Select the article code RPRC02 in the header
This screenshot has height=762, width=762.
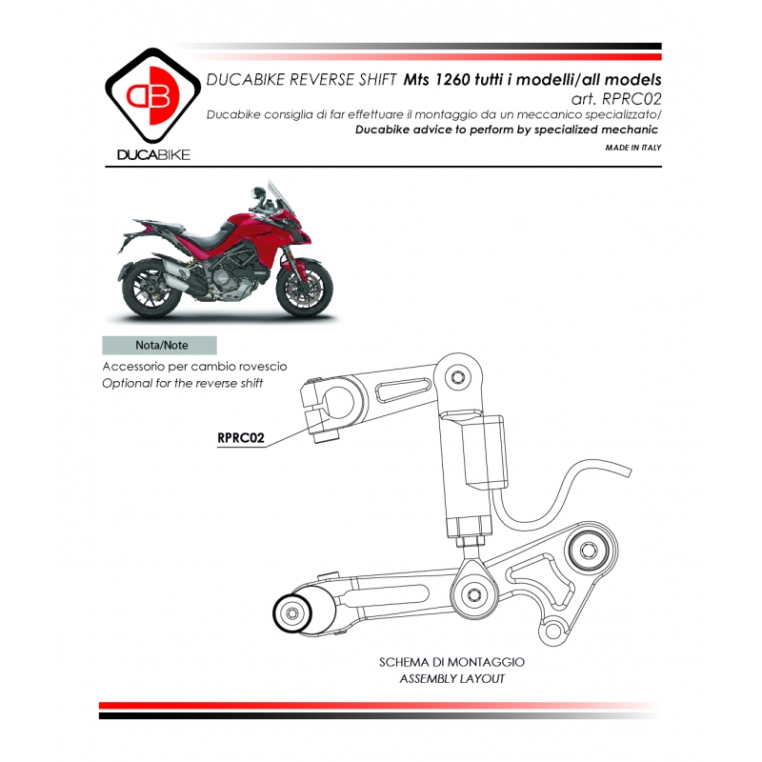[632, 98]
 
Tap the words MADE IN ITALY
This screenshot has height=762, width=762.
[632, 149]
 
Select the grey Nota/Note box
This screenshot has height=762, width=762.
[159, 346]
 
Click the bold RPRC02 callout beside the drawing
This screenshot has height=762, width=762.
[240, 438]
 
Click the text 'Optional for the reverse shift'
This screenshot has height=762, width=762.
[182, 383]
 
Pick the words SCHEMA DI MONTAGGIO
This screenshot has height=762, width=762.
[451, 661]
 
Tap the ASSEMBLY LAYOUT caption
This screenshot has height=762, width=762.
[451, 679]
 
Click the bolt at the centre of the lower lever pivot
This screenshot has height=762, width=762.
[472, 595]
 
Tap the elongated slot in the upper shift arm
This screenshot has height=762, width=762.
[401, 391]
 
